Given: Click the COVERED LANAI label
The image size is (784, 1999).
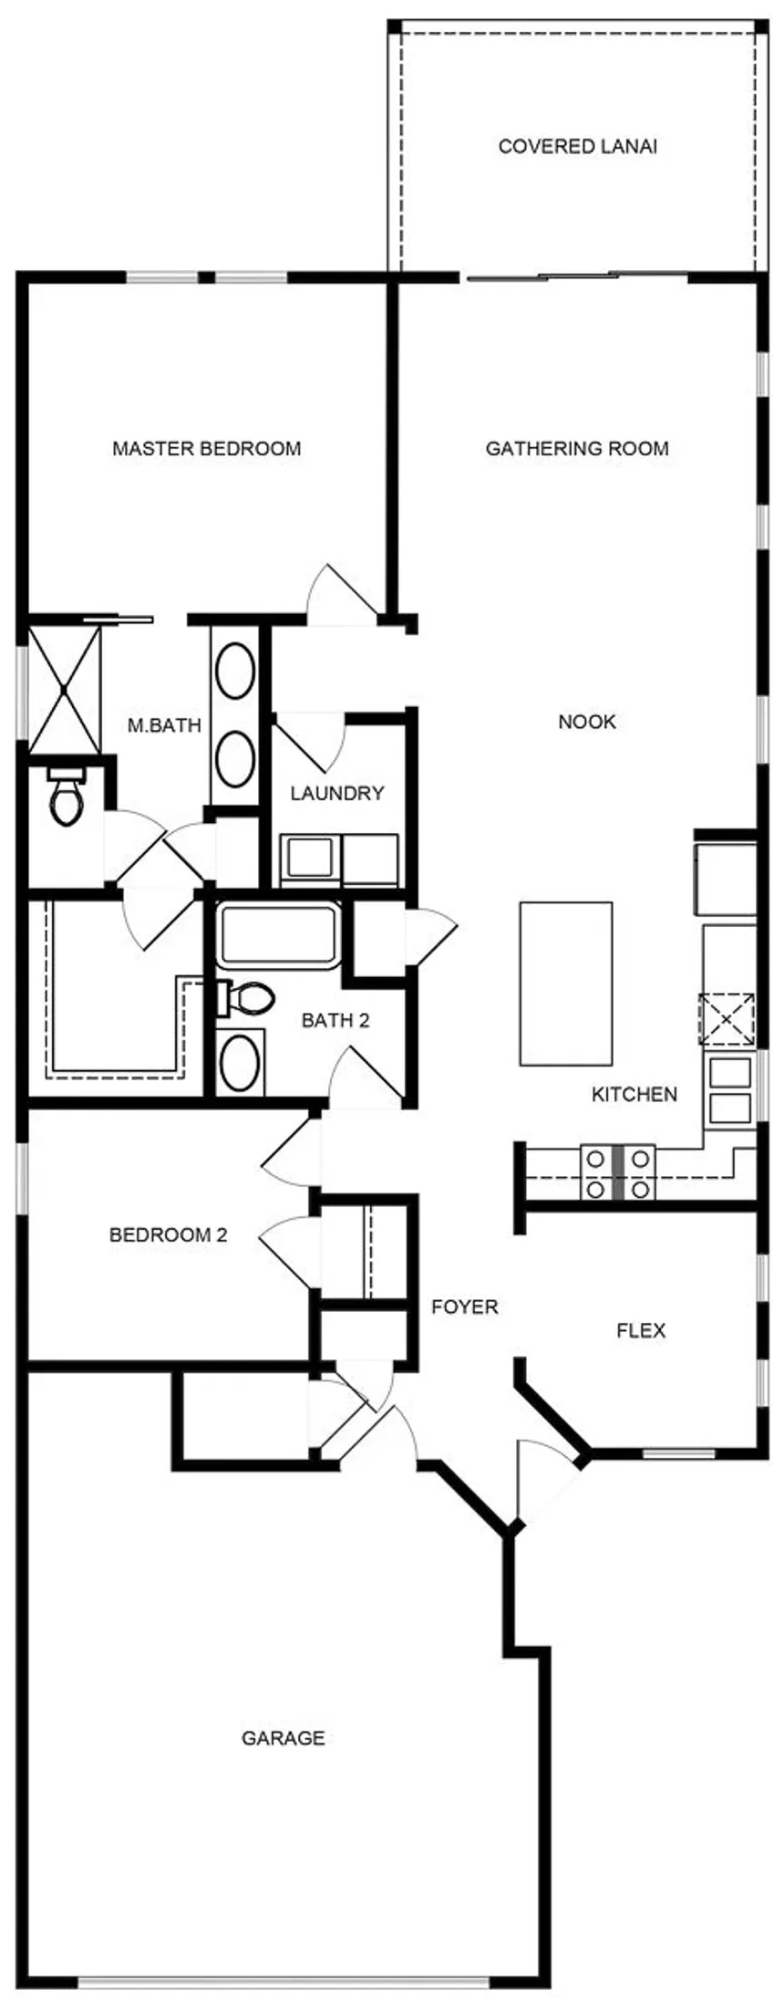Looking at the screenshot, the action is [x=577, y=146].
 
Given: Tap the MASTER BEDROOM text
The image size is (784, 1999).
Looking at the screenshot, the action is [x=206, y=449].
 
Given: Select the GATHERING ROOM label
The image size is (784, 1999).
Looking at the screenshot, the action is [x=577, y=449].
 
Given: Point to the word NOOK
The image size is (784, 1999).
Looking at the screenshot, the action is [x=587, y=722].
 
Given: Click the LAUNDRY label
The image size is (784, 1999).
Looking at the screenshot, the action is [x=337, y=794].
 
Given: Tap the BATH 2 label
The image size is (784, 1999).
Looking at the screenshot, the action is [x=335, y=1020].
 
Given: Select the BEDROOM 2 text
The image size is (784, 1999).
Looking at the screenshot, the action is [x=168, y=1235].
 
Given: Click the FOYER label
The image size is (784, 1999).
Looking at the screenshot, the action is [x=465, y=1307].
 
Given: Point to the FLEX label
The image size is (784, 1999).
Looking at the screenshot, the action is [x=641, y=1330].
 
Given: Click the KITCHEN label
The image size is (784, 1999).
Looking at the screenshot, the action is [x=634, y=1094].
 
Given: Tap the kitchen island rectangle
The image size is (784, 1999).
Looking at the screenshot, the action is [x=565, y=983].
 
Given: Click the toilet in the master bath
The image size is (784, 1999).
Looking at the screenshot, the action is [x=66, y=796].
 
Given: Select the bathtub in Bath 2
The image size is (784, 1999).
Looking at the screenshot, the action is [x=278, y=935].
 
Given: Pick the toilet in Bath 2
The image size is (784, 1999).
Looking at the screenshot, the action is [x=244, y=998].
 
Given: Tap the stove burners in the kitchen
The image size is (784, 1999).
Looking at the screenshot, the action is [x=618, y=1172].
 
